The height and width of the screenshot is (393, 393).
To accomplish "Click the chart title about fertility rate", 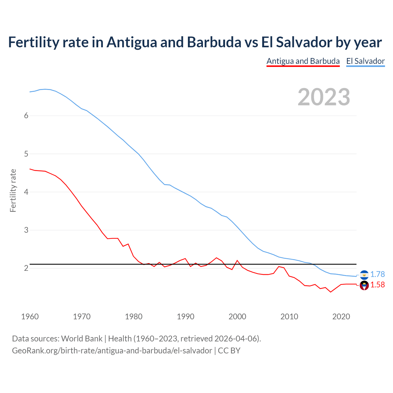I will (x=195, y=42).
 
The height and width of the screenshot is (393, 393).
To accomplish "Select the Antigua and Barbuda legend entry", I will (x=303, y=61).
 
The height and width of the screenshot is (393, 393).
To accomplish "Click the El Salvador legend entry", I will (x=365, y=61).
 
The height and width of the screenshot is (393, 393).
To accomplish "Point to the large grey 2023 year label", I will (x=324, y=97).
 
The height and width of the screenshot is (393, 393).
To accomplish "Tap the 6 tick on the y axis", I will (x=26, y=116).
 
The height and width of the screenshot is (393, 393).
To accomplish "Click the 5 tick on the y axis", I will (x=26, y=154).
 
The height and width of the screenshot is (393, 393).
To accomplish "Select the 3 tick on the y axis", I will (x=26, y=230).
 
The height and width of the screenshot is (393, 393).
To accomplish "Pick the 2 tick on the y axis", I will (x=26, y=268).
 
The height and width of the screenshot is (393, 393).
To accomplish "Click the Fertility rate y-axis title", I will (x=13, y=190).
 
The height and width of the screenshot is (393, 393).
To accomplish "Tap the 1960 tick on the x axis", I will (x=30, y=317).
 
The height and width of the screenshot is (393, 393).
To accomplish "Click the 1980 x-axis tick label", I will (x=134, y=317).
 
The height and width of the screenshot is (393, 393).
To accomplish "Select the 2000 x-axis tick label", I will (x=237, y=317).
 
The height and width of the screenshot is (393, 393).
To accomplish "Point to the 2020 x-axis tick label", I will (x=341, y=317).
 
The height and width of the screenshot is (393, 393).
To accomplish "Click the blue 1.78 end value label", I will (x=377, y=274).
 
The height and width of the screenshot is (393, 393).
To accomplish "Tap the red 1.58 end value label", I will (x=377, y=285).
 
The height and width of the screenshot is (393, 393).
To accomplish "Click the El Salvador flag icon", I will (x=364, y=275).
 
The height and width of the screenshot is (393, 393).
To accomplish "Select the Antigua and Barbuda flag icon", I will (x=364, y=286).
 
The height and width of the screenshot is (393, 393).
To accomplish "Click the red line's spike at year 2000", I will (x=237, y=260).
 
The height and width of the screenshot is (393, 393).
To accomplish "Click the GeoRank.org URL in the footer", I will (x=112, y=351).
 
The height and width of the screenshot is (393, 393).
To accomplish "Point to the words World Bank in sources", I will (x=82, y=339).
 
